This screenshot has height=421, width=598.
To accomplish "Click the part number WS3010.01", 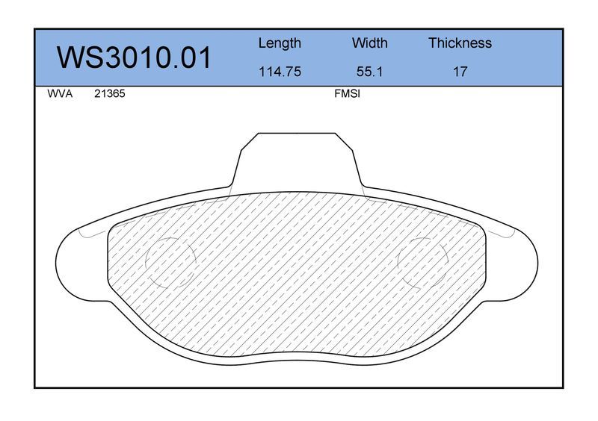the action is click(134, 57).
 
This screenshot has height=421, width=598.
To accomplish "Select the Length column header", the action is click(280, 43).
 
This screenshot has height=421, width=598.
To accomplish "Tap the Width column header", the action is click(369, 43).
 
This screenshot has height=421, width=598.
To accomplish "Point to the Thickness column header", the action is click(460, 43).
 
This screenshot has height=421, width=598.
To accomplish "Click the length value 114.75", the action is click(280, 72).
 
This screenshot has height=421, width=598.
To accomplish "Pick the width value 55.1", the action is click(369, 72).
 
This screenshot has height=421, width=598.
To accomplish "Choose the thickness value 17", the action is click(460, 72).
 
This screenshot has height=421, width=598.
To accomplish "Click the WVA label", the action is click(60, 94).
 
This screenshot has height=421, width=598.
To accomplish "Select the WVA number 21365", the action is click(109, 94).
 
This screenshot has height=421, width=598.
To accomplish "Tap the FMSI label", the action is click(347, 94).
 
